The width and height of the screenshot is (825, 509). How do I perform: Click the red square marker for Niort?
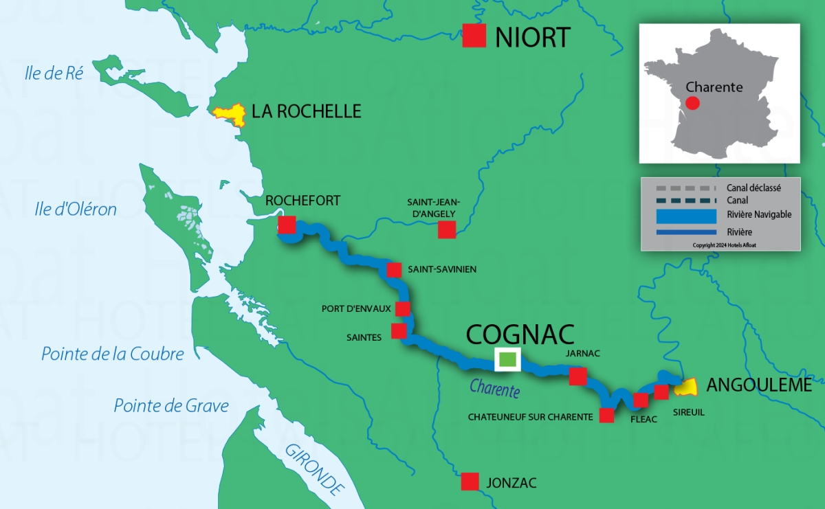click(x=474, y=36)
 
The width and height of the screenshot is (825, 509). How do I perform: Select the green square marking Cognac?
click(x=507, y=359)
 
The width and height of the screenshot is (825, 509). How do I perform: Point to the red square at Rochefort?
click(x=287, y=225)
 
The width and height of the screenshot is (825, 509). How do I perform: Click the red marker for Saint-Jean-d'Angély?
click(x=447, y=229)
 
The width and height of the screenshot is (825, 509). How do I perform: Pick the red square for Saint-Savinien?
click(x=394, y=269)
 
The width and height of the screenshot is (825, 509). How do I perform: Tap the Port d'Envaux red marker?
click(x=402, y=308)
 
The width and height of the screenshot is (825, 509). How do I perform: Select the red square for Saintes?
click(x=399, y=331)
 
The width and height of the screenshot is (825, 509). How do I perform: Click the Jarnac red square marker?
click(x=577, y=376)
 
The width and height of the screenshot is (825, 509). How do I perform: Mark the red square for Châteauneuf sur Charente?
click(x=606, y=416)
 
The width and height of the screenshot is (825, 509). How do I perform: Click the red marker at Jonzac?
click(x=470, y=482)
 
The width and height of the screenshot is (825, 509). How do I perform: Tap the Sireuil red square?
click(x=661, y=392)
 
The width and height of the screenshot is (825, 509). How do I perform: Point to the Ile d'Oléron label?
click(x=76, y=210)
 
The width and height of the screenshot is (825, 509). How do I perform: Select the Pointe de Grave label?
click(x=171, y=405)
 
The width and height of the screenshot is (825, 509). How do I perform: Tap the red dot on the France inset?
click(x=692, y=103)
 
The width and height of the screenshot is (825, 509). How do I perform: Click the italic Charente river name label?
click(x=494, y=389)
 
